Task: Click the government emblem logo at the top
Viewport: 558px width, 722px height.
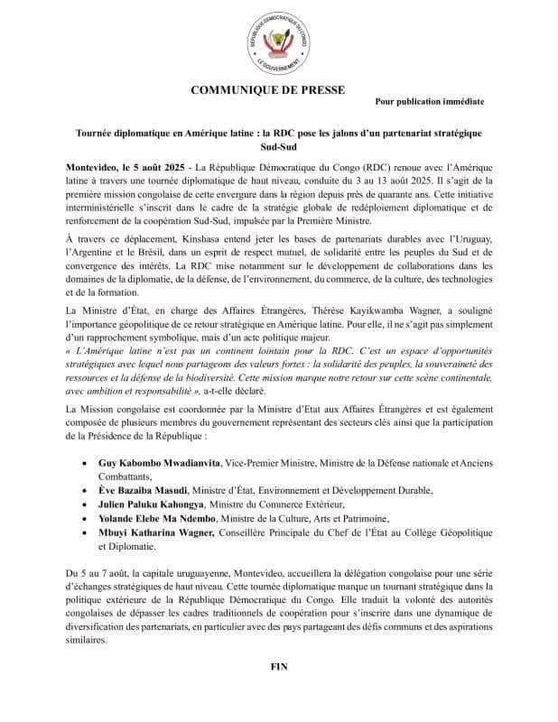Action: pos(279,42)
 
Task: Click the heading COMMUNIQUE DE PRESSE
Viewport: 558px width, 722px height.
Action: pos(279,89)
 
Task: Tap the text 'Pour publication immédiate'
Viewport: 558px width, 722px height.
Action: pos(429,103)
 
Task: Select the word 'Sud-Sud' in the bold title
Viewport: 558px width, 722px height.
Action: pos(279,146)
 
